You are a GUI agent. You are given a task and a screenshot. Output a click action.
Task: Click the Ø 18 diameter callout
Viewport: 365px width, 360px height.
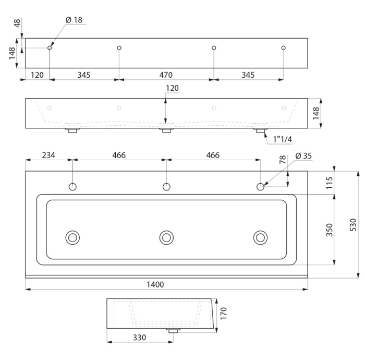(x=74, y=20)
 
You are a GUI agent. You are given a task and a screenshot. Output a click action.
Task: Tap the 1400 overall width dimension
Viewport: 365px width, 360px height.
(x=155, y=284)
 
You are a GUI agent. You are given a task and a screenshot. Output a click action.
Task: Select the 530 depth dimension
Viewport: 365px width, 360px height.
(x=353, y=225)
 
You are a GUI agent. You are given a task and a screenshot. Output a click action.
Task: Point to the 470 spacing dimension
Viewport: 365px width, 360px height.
(x=166, y=75)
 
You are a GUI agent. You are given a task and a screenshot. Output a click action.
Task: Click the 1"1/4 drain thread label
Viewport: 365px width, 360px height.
(x=283, y=139)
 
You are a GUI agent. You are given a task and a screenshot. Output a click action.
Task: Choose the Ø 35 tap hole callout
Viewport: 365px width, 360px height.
(x=303, y=155)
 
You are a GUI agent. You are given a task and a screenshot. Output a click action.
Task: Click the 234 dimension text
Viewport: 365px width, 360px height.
(x=48, y=155)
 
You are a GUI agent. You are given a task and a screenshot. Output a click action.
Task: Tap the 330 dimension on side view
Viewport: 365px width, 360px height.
(x=139, y=338)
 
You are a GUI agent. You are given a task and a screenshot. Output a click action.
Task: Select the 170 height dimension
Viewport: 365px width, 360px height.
(x=223, y=314)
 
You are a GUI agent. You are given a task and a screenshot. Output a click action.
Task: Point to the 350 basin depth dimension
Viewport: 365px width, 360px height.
(x=330, y=230)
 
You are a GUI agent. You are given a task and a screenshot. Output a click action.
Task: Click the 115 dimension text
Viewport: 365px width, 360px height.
(x=330, y=183)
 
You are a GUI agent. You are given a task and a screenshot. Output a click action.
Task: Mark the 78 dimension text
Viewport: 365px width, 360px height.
(x=283, y=160)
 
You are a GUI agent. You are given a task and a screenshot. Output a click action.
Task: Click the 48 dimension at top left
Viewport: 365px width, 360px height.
(x=17, y=23)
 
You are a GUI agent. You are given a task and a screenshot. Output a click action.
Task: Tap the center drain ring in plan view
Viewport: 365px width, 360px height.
(x=166, y=238)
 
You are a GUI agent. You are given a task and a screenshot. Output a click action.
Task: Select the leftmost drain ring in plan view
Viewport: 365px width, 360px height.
(x=72, y=238)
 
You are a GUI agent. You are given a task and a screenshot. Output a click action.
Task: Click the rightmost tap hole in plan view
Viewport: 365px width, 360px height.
(x=260, y=187)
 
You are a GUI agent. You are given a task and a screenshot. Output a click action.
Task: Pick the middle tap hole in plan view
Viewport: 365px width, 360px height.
(x=166, y=187)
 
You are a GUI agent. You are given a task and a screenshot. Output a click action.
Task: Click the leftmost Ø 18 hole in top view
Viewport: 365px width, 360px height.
(x=50, y=47)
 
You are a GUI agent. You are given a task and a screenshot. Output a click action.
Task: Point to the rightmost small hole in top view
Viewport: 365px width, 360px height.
(x=283, y=47)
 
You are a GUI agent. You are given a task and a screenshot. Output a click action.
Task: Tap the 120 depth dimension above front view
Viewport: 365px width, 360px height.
(x=172, y=88)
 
